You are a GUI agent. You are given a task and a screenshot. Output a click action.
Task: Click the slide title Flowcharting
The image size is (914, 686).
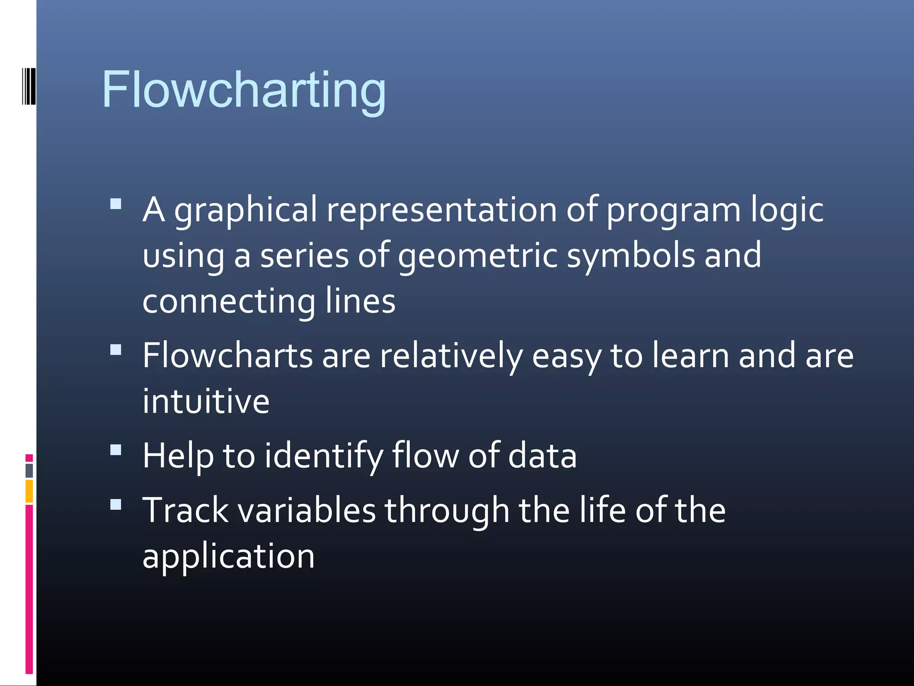[244, 91]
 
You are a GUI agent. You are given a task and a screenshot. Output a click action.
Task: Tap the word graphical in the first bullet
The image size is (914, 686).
[245, 210]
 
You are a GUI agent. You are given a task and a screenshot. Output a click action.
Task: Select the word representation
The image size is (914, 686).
[442, 210]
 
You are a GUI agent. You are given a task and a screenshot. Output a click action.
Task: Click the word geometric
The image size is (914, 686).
[478, 256]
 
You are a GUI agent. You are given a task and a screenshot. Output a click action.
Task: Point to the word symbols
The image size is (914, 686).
[631, 256]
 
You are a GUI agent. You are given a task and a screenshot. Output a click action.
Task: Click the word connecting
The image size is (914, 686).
[229, 302]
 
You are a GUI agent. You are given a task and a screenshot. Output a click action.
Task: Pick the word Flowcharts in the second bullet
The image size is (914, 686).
[228, 356]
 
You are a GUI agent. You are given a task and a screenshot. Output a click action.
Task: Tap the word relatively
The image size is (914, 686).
[451, 356]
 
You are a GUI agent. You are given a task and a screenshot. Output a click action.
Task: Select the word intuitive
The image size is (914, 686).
[206, 401]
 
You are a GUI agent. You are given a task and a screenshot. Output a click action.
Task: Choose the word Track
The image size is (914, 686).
[185, 510]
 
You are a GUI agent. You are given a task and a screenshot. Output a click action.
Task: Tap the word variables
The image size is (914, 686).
[307, 510]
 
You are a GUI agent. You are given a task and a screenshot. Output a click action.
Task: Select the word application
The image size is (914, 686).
[228, 557]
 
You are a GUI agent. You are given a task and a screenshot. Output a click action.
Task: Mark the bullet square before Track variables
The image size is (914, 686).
[116, 504]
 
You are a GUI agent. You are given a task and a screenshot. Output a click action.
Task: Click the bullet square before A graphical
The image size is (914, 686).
[116, 204]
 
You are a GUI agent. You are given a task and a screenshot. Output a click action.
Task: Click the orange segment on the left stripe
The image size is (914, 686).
[29, 491]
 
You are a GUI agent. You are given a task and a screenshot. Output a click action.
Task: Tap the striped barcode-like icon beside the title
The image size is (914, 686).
[29, 86]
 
